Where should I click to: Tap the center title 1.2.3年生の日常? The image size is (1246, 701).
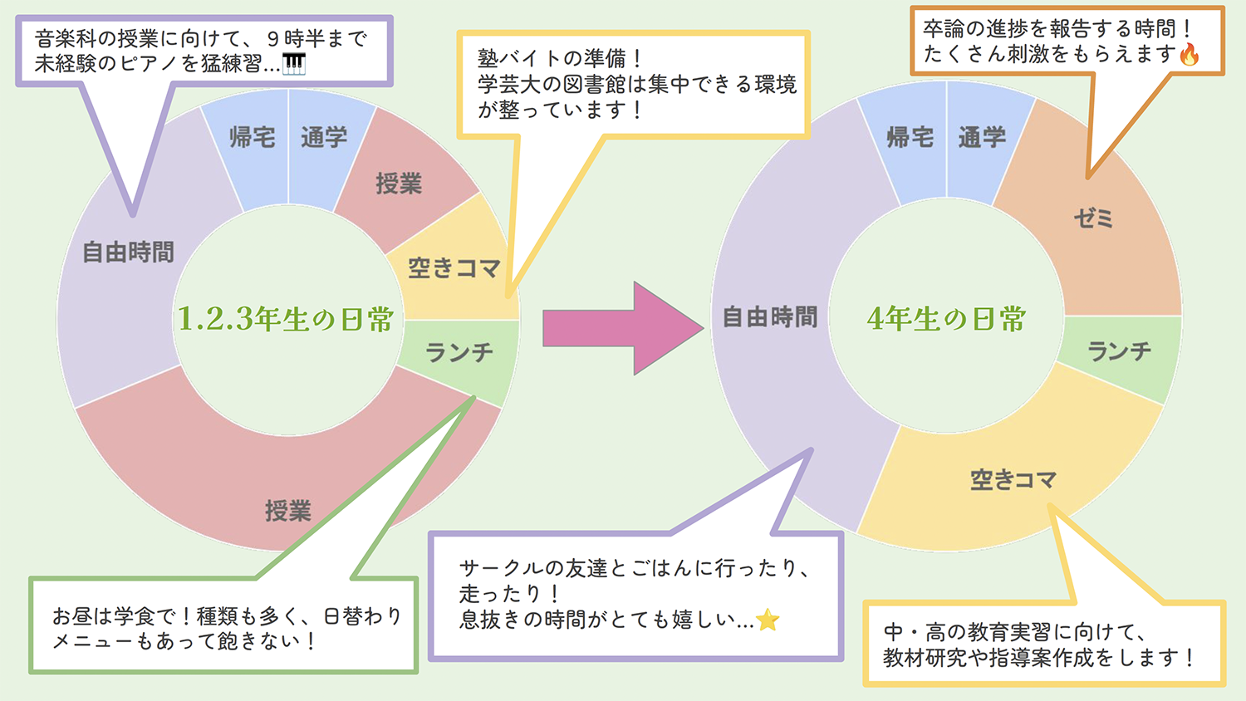286,319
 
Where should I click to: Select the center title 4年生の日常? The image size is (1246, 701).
946,319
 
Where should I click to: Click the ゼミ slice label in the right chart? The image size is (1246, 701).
1093,218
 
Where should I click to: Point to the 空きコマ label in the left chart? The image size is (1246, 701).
454,267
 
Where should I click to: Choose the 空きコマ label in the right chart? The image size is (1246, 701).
1013,479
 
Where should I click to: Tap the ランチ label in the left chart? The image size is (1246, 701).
459,353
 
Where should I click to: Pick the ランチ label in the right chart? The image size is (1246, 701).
1120,351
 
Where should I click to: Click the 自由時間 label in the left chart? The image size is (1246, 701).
128,252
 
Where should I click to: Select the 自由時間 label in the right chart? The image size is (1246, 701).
770,316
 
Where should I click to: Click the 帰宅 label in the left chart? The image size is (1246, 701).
252,137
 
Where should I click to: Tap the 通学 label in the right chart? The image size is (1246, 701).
982,137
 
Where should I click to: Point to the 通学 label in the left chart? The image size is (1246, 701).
324,137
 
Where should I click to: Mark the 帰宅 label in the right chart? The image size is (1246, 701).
910,137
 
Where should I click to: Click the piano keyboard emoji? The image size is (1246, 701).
294,64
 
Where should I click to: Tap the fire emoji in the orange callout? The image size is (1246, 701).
1190,55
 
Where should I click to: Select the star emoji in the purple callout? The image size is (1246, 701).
768,620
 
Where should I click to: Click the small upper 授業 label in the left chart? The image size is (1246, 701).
399,184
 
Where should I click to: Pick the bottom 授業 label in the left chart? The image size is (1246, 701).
287,511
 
